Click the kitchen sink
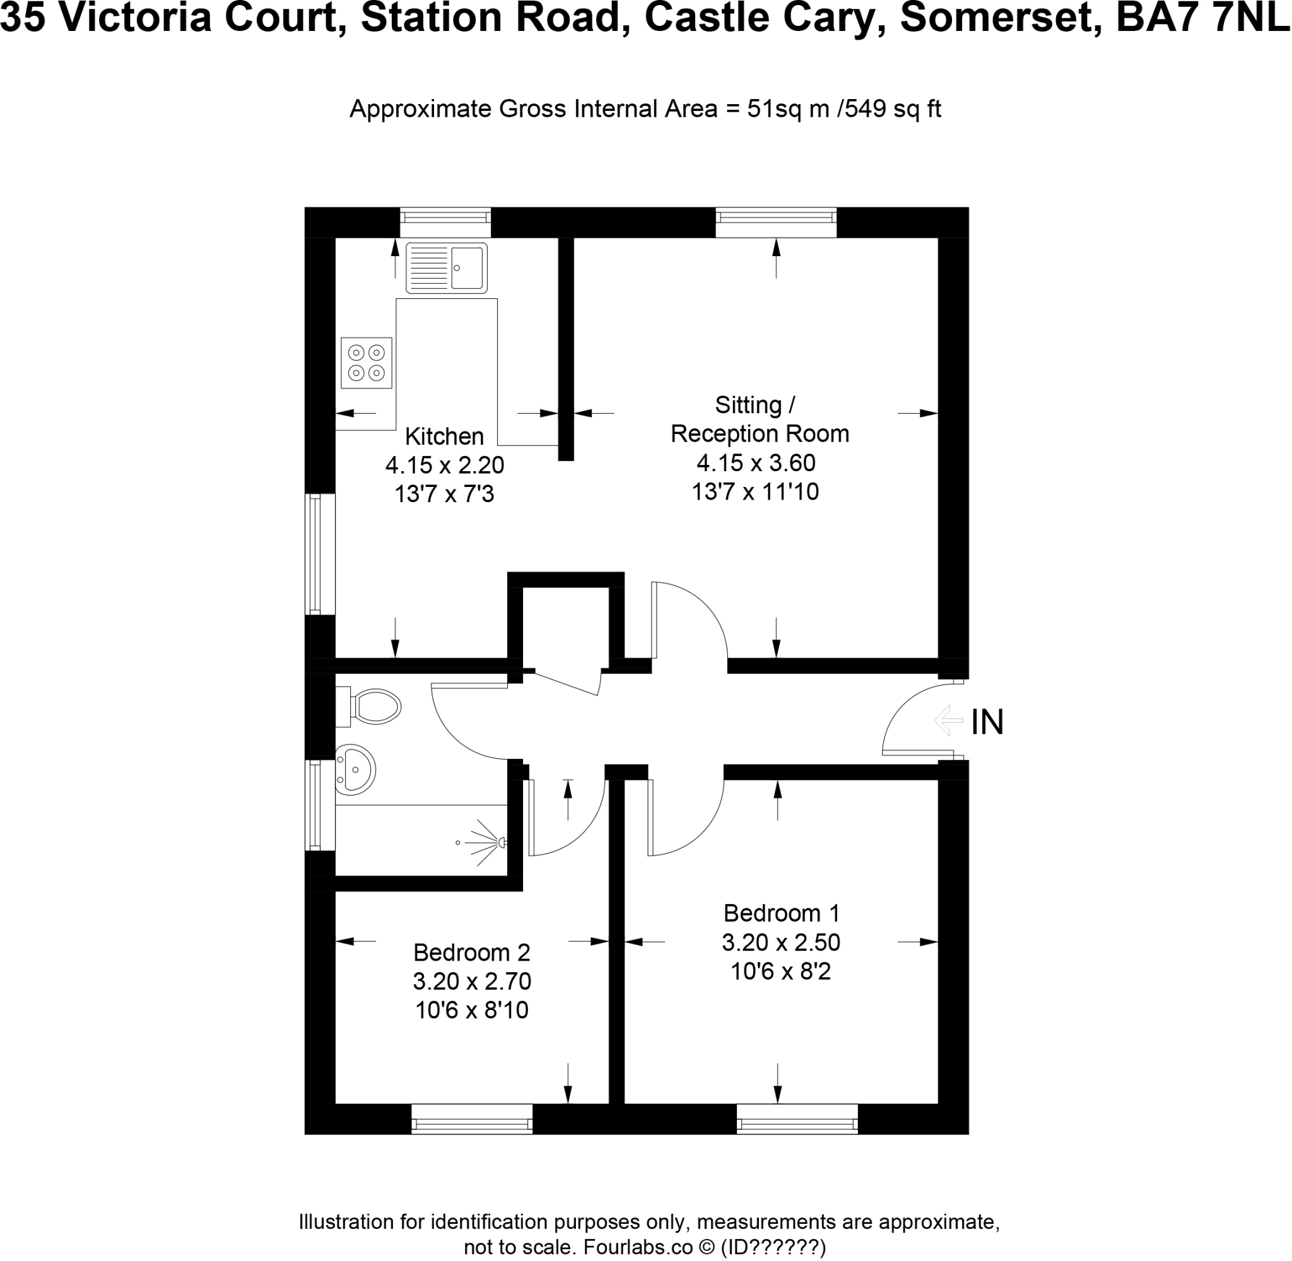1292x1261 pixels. pos(447,267)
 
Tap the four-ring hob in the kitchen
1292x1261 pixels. pos(366,363)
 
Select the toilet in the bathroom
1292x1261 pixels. pos(374,707)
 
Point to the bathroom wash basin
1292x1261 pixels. pos(355,770)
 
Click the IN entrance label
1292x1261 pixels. pos(987,722)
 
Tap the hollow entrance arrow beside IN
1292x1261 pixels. pos(948,720)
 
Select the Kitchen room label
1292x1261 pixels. pos(444,437)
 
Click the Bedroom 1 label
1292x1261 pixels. pos(782,913)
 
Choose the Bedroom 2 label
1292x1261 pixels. pos(471,953)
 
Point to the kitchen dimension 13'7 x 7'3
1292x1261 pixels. pos(444,494)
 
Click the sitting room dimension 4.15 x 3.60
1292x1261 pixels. pos(756,462)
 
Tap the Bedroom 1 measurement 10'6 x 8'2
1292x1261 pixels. pos(781,971)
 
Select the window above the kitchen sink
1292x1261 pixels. pos(445,222)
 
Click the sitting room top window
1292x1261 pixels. pos(775,222)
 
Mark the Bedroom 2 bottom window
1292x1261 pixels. pos(471,1119)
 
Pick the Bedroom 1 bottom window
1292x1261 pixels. pos(797,1119)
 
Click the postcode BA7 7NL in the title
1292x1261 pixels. pos(1202,18)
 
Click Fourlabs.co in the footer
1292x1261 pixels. pos(637,1248)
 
